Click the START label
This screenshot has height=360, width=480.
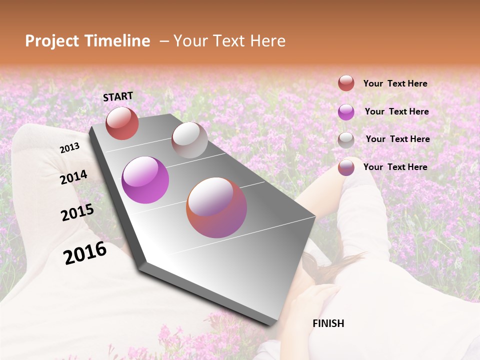(x=118, y=96)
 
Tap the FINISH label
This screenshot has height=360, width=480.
(x=328, y=323)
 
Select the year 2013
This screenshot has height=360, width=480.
(x=70, y=148)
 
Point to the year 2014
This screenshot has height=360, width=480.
(x=73, y=177)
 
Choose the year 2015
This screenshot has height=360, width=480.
(x=77, y=212)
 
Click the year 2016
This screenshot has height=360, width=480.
(x=85, y=252)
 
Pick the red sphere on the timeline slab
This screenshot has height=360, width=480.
(x=122, y=123)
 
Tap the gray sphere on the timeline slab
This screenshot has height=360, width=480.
(x=189, y=140)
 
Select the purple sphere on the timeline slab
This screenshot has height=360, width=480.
(x=145, y=180)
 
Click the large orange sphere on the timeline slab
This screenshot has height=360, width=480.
(x=216, y=207)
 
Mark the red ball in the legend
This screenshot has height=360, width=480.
(x=346, y=83)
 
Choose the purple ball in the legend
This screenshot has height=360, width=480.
(x=346, y=112)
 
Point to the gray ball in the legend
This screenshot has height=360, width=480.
(x=346, y=140)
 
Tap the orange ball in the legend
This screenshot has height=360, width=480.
(x=346, y=167)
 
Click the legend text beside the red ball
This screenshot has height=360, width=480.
(x=395, y=83)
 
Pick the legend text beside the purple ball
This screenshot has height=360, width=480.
(x=396, y=111)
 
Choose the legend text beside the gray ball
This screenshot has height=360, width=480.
(x=397, y=139)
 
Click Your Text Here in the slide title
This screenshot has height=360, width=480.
(x=229, y=41)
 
